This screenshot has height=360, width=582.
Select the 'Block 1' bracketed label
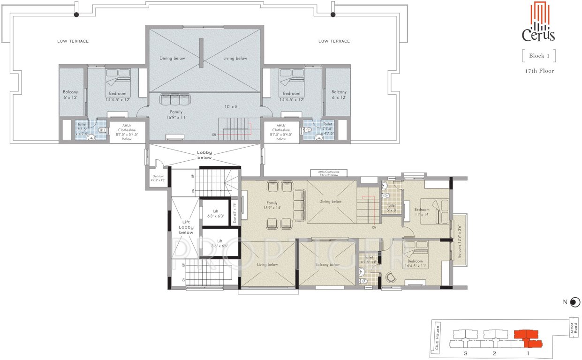[539, 56]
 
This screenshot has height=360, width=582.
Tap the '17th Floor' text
[539, 71]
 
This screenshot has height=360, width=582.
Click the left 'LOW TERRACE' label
[73, 41]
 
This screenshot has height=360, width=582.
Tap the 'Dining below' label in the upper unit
[172, 59]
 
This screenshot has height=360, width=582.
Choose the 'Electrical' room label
[158, 179]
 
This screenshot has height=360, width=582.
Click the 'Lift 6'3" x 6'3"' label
[216, 214]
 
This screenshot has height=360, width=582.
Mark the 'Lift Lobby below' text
[186, 227]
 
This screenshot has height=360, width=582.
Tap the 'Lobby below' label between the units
[204, 155]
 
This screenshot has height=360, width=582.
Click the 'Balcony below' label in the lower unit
[327, 265]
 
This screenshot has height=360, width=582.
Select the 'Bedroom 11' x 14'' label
[422, 212]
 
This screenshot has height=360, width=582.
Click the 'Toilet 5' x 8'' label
[392, 208]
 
